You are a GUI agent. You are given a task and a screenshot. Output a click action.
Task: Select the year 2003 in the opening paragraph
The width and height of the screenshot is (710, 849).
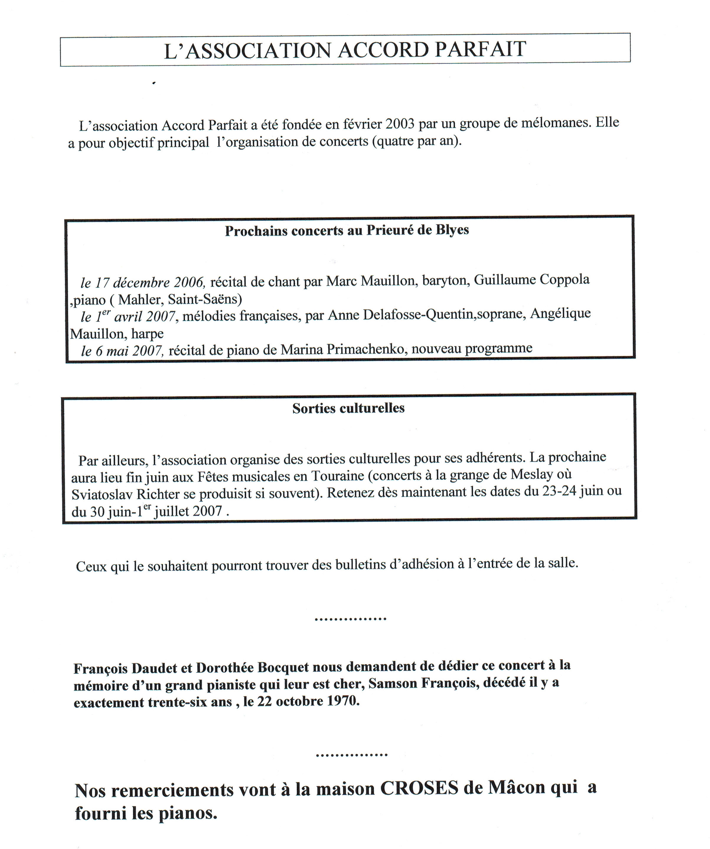400,123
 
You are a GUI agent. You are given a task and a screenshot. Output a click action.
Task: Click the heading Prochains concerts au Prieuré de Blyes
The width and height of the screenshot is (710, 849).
347,230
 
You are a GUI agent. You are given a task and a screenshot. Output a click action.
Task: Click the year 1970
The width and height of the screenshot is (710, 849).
343,701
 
